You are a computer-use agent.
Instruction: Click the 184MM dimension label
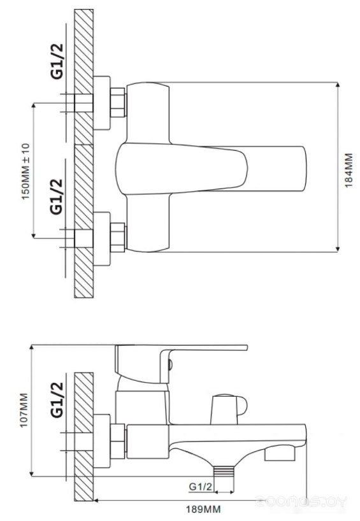[348, 170]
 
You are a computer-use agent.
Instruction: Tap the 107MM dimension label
[24, 410]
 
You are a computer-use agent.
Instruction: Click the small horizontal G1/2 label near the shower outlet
[201, 487]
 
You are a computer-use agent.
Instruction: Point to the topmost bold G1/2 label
[57, 61]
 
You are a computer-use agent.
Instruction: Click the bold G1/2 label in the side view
[57, 399]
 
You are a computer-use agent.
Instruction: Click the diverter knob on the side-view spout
[229, 409]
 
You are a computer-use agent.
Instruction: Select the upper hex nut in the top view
[119, 103]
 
